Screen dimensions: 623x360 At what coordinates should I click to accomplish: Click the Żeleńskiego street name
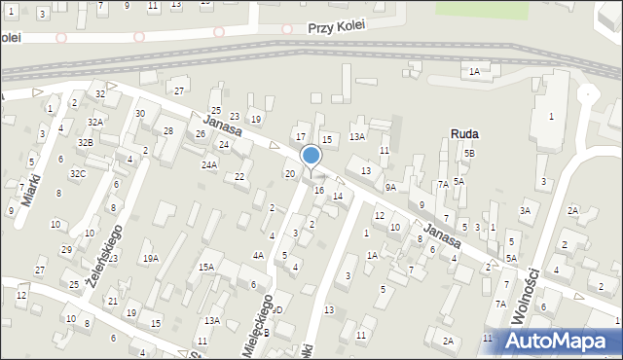(102, 253)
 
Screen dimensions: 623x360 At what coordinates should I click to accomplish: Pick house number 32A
(94, 122)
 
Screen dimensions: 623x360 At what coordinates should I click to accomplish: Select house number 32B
(86, 142)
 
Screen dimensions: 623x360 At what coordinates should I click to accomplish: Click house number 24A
(209, 165)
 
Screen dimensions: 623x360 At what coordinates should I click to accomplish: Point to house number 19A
(151, 258)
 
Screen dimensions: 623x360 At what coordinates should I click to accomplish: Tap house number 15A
(206, 267)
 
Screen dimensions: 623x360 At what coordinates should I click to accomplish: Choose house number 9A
(390, 187)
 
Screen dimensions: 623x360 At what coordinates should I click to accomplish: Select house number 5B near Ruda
(469, 154)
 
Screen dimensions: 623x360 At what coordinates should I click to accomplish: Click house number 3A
(526, 210)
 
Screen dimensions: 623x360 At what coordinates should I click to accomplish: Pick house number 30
(140, 114)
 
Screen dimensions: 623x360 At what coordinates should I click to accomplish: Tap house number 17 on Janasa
(301, 137)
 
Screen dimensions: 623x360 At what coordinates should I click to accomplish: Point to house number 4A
(258, 255)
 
